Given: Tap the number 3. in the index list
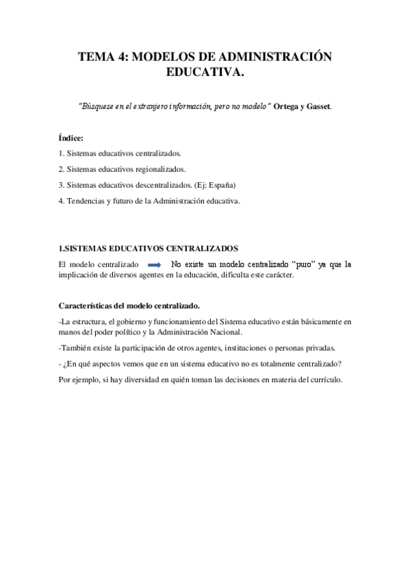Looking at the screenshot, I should click(x=62, y=185).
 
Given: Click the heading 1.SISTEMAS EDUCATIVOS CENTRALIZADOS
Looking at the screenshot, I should click(x=148, y=248).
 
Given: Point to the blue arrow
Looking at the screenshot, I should click(x=154, y=264).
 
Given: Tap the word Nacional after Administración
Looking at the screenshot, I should click(x=222, y=331).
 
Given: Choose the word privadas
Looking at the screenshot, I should click(x=320, y=347).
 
